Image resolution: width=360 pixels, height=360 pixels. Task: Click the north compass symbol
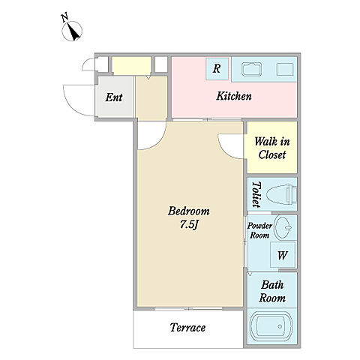72,31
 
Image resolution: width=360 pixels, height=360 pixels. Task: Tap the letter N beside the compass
64,18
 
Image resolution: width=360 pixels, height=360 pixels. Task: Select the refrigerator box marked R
217,69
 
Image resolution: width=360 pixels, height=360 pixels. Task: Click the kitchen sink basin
251,69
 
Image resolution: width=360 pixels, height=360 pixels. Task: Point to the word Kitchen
234,96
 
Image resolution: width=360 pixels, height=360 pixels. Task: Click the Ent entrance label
114,97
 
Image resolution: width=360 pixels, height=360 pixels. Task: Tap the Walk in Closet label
272,148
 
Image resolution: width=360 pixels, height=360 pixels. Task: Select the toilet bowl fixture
281,194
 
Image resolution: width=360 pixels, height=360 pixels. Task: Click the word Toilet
256,194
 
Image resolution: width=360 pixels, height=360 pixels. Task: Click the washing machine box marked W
283,255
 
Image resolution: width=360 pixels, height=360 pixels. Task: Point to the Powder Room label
259,230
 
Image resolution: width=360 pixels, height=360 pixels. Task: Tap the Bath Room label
272,291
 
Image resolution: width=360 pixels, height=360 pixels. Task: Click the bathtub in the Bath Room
271,326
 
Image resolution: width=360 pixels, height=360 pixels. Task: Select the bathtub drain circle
280,326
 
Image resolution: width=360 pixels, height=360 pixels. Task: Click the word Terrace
187,328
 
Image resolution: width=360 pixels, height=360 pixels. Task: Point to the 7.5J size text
189,225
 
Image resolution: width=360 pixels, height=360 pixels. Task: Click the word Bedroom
189,211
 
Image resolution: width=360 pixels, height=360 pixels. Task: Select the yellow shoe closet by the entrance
131,65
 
